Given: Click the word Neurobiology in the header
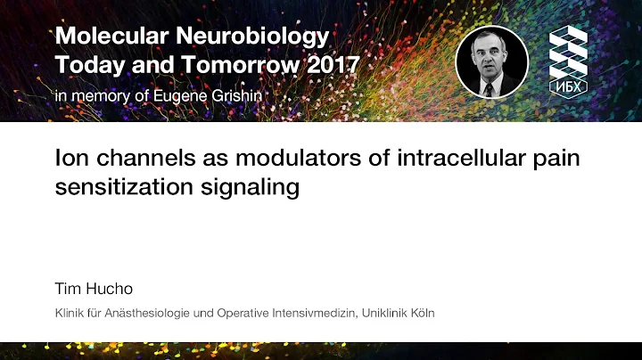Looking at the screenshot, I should tap(266, 37).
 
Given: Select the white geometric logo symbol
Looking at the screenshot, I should tap(568, 52).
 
